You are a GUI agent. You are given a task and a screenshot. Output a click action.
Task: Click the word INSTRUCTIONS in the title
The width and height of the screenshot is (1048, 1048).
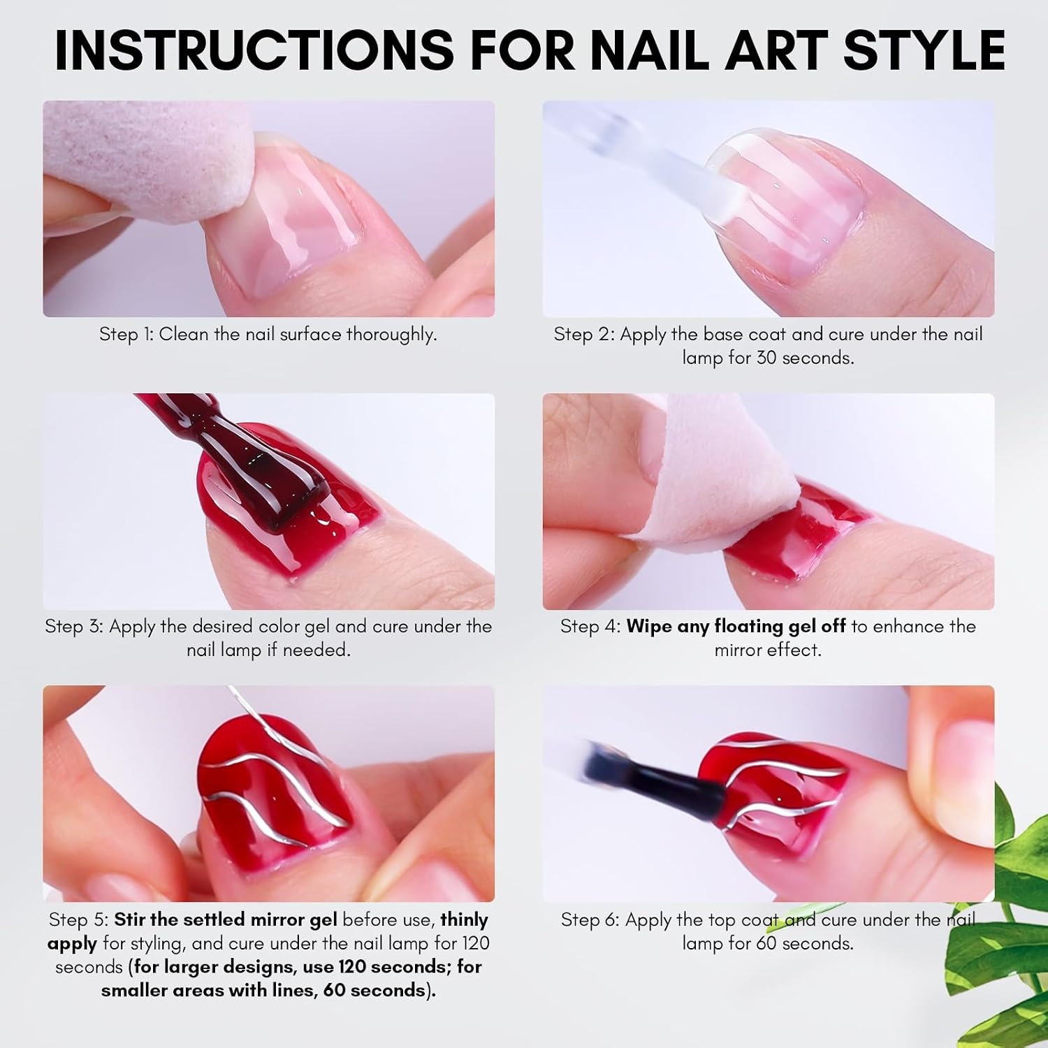pyautogui.click(x=254, y=50)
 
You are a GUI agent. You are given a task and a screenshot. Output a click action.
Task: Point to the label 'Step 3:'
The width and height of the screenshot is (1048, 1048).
pyautogui.click(x=74, y=626)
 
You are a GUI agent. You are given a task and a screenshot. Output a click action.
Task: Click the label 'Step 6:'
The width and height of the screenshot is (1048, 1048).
pyautogui.click(x=590, y=920)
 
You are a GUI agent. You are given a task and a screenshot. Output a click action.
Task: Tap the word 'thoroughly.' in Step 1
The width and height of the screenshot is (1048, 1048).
pyautogui.click(x=391, y=335)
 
